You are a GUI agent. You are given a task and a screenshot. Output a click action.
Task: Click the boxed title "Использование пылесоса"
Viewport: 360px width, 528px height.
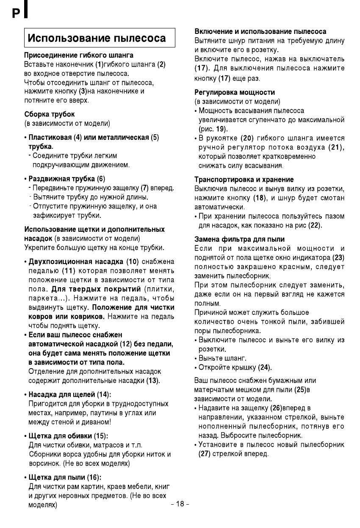tap(97, 39)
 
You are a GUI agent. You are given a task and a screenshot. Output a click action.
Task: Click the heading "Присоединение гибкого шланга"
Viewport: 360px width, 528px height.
tap(79, 56)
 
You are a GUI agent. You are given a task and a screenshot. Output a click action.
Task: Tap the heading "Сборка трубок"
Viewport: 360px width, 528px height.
tap(50, 114)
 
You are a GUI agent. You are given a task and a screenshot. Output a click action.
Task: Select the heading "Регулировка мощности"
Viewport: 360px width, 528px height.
tap(235, 92)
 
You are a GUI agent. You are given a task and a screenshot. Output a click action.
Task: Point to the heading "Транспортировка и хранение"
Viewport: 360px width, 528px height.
tap(244, 180)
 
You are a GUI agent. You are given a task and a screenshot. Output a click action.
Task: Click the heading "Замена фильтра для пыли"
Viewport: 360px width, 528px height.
tap(239, 239)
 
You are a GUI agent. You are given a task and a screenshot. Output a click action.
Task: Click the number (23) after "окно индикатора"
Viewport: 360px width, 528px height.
tap(338, 258)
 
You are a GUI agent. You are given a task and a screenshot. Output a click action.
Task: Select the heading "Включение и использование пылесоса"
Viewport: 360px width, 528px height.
tap(260, 32)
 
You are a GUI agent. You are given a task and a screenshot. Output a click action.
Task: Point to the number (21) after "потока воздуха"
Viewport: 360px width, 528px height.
tap(336, 147)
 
